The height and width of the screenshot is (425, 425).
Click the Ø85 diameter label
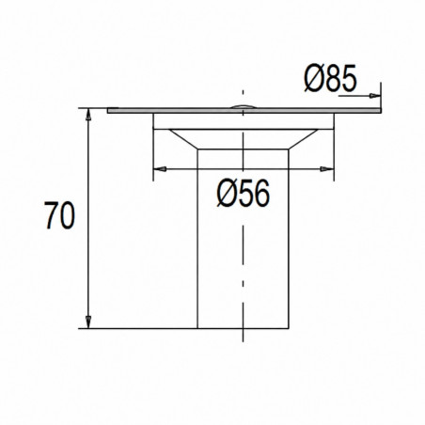[331, 78]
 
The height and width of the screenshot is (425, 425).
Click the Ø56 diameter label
[244, 194]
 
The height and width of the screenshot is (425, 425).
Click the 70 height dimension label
[59, 215]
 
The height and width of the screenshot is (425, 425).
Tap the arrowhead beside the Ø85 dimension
[375, 95]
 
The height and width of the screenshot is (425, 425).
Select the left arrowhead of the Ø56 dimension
[160, 169]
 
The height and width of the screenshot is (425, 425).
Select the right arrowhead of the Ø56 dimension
[327, 169]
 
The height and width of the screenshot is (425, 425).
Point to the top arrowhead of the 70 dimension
[88, 115]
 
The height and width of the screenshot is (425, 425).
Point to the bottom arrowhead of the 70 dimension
[88, 323]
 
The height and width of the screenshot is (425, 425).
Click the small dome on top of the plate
[244, 106]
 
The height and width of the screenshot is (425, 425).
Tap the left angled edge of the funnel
[183, 139]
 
